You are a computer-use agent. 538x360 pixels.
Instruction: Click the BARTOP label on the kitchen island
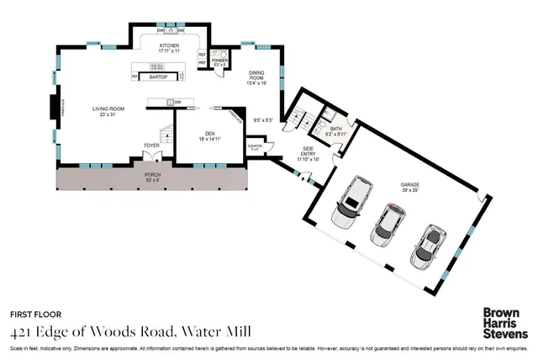point(158,77)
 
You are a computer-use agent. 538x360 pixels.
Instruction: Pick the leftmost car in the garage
point(350,204)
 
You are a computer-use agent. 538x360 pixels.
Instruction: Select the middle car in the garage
point(388,223)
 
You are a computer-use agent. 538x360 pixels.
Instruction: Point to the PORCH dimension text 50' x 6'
point(152,179)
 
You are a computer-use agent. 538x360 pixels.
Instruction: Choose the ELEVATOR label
point(255,146)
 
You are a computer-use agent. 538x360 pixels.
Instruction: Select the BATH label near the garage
point(336,130)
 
